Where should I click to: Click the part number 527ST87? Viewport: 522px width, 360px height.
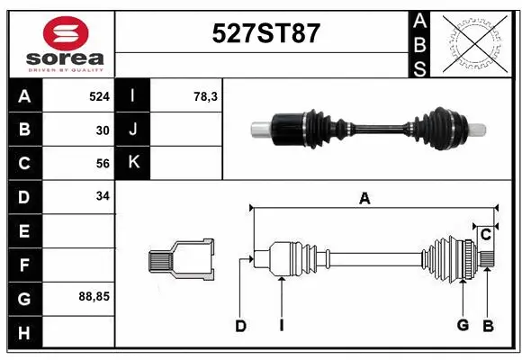pos(265,33)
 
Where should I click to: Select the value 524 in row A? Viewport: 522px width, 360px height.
pos(99,95)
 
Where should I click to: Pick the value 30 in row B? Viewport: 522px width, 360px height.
pos(102,130)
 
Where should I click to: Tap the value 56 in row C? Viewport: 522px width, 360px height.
pos(102,164)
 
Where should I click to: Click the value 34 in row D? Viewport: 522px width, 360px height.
pos(102,196)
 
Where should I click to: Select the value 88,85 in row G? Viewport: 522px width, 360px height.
pos(94,295)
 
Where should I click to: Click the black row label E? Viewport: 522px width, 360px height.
pos(23,231)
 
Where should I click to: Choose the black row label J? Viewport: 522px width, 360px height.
pos(133,130)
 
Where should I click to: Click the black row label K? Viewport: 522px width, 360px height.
pos(133,163)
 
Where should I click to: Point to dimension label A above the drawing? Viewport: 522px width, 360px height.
pos(364,199)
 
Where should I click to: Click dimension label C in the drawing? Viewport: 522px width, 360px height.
pos(485,235)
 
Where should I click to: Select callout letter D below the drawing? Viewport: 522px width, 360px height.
pos(240,326)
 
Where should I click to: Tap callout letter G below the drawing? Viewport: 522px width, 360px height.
pos(463,325)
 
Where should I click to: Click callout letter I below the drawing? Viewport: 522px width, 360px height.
pos(281,326)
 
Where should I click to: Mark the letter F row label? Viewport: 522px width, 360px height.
pos(23,265)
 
